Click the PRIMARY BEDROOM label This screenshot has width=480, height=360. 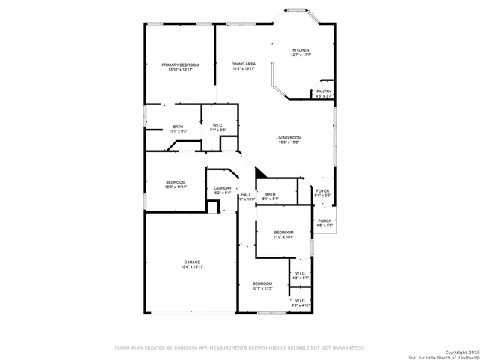(x=180, y=65)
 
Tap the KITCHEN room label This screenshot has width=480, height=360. (x=301, y=49)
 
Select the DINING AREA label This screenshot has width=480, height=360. (x=243, y=64)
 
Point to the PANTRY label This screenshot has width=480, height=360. (x=324, y=91)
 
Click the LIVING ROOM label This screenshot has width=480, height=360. (x=289, y=138)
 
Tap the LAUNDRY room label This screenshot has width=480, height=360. (x=223, y=189)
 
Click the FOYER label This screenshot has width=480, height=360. (x=322, y=191)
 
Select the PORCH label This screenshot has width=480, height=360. (x=324, y=220)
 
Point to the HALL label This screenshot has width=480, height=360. (x=246, y=195)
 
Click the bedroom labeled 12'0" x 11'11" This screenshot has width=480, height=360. (x=175, y=182)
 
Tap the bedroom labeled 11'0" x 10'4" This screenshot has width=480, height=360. (x=283, y=232)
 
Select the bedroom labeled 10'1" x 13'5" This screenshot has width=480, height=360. (x=262, y=283)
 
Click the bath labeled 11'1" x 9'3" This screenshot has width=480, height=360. (x=178, y=127)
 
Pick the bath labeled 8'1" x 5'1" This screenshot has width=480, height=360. (x=270, y=195)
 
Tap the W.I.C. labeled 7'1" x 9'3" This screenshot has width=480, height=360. (x=218, y=126)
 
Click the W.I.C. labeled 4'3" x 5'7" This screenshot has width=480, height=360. (x=300, y=273)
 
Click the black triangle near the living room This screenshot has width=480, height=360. (x=260, y=174)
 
